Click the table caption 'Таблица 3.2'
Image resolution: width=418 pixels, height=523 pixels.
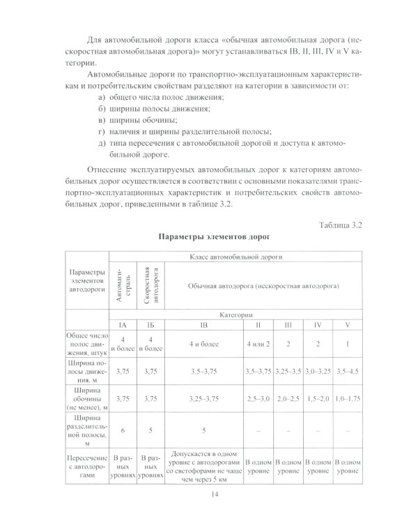coord(341,225)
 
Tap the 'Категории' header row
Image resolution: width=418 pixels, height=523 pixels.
coord(236,315)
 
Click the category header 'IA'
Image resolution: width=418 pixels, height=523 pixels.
coord(123,325)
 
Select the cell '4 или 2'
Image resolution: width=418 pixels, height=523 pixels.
coord(258,343)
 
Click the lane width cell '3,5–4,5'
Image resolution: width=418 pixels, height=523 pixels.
coord(348,372)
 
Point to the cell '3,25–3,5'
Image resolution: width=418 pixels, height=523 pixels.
coord(288,372)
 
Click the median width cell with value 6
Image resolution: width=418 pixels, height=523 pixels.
coord(123,430)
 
